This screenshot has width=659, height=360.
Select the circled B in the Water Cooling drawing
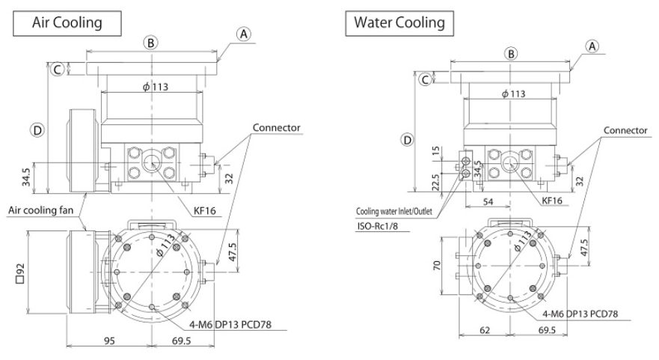point(511,54)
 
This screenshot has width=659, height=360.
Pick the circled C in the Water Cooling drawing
point(424,79)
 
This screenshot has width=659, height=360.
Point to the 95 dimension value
point(109,341)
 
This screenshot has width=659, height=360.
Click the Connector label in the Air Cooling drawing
point(276,128)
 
